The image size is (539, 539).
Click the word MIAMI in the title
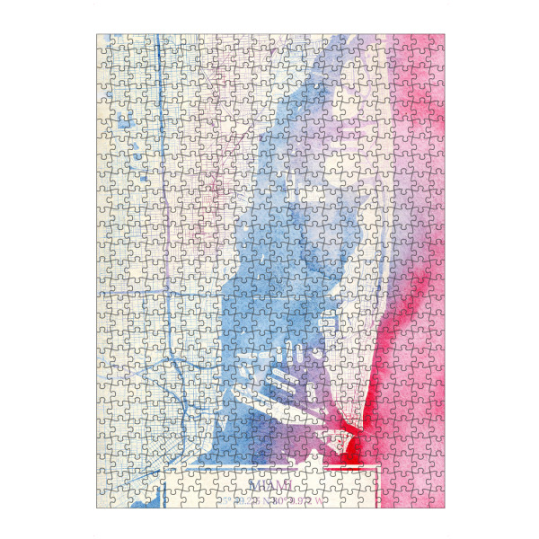(x=269, y=485)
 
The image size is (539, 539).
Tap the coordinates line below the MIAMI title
(x=269, y=499)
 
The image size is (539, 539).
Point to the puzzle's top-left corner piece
(x=104, y=42)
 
